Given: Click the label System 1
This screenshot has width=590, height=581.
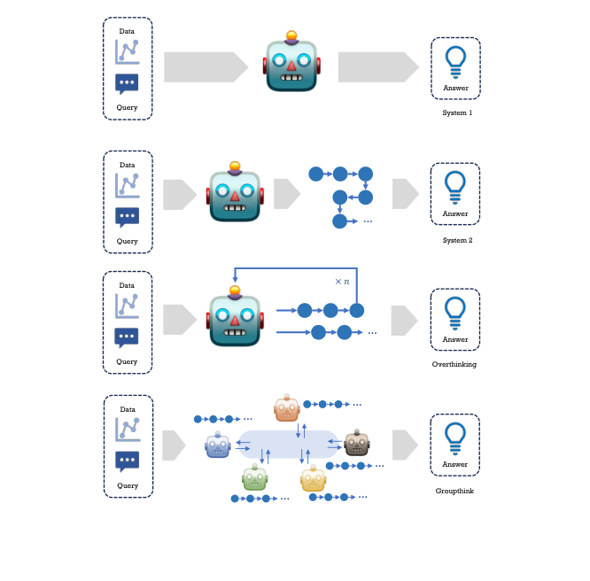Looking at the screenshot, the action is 457,112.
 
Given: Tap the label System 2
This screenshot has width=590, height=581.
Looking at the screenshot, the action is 457,240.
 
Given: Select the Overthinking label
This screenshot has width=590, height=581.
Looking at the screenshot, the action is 454,364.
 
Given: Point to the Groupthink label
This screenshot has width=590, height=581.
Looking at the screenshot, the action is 454,491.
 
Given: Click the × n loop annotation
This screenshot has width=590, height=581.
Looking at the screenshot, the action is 342,282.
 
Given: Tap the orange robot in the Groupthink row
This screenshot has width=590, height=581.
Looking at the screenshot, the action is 287,408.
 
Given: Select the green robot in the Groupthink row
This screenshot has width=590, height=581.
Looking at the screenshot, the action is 255,477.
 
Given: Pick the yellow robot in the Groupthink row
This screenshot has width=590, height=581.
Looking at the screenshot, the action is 313,478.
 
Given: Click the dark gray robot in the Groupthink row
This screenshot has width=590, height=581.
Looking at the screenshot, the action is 357,443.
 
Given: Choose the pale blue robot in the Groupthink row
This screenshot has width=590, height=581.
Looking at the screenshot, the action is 218,445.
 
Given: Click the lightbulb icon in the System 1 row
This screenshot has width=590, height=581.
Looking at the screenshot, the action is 455,62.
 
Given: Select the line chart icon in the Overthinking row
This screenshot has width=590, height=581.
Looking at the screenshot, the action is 127,306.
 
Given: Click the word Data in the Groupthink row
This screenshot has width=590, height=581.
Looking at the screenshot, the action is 128,409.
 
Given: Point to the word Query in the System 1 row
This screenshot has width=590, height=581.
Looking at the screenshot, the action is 127,108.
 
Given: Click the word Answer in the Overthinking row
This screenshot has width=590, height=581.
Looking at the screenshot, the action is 455,339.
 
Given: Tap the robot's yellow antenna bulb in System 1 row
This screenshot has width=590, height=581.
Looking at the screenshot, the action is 291,35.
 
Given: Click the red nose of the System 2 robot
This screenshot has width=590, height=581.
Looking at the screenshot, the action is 235,196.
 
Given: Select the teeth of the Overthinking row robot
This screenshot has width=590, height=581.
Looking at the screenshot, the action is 235,332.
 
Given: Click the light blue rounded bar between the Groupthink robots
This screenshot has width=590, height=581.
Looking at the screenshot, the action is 289,444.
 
